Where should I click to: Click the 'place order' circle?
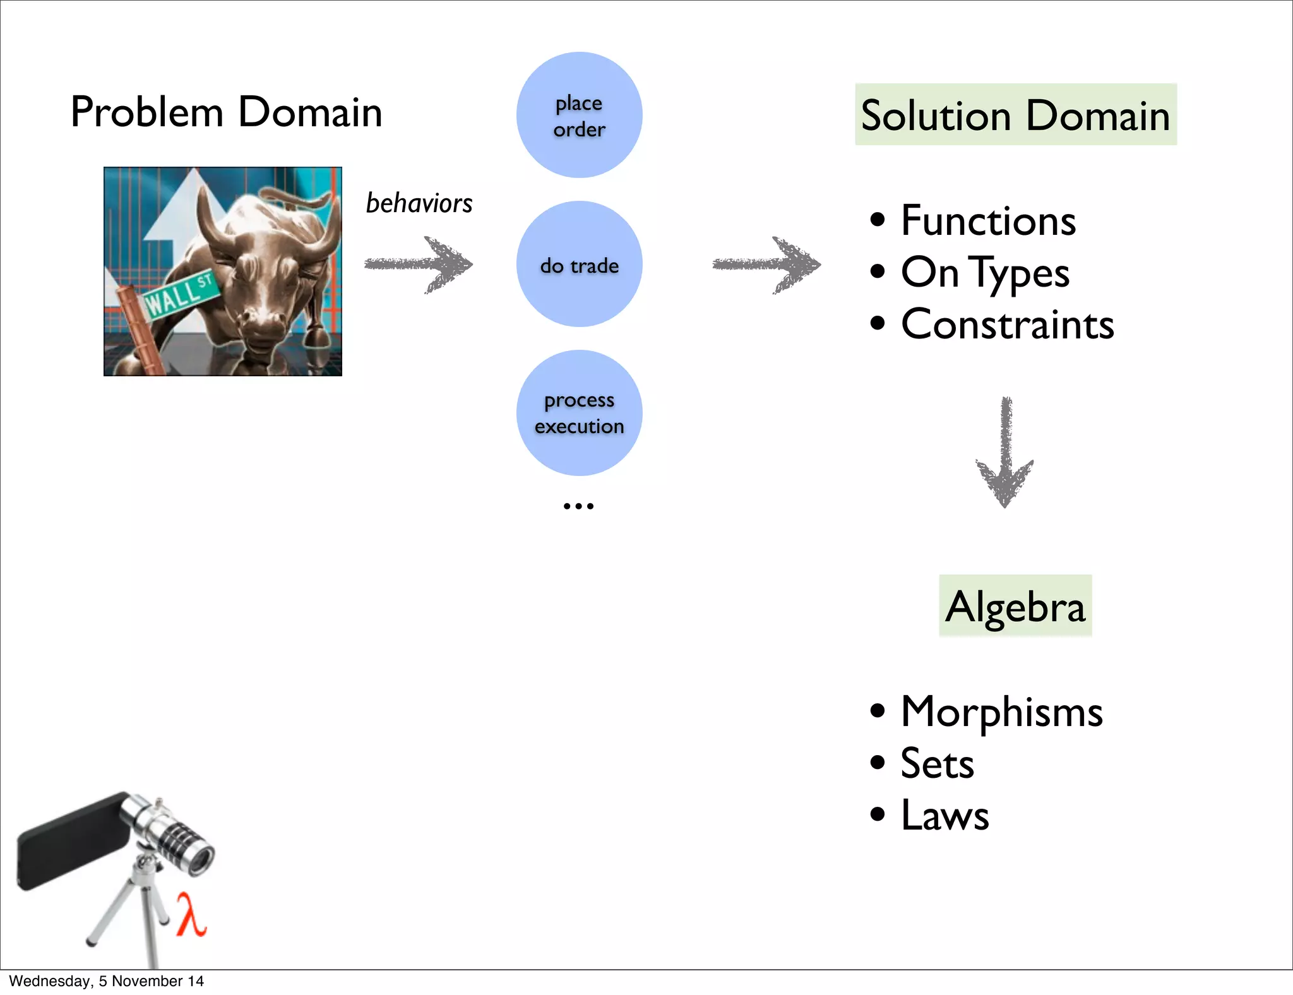point(579,116)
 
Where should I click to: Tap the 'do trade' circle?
point(579,265)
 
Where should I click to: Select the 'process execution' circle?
point(579,413)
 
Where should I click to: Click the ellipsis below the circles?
point(578,506)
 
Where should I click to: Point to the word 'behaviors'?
point(419,203)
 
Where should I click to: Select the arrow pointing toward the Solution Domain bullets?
point(767,265)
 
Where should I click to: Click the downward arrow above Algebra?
point(1004,453)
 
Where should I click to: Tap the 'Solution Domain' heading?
point(1015,115)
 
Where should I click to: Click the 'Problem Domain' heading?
point(226,112)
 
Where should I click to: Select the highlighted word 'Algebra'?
point(1015,606)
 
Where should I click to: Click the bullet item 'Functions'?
point(988,221)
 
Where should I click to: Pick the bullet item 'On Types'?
point(985,273)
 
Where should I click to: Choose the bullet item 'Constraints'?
point(1007,325)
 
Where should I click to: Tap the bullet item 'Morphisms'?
point(1001,712)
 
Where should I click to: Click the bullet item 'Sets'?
point(937,763)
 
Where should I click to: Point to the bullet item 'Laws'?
point(944,815)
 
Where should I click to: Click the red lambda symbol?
point(191,914)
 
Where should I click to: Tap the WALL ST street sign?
point(181,294)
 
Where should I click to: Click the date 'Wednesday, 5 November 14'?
point(106,981)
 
